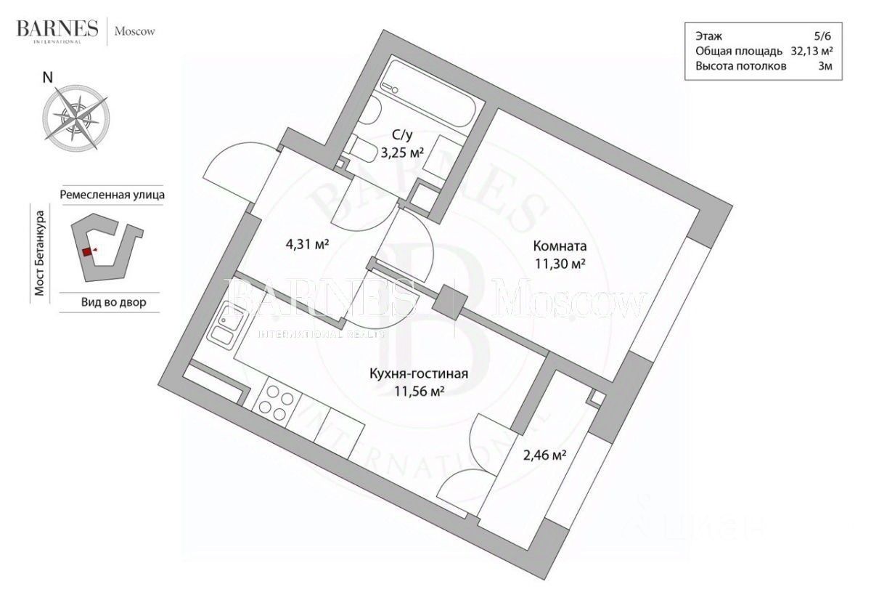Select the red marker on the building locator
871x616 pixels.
86,251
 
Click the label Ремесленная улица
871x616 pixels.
112,195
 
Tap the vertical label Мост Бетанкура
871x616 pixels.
41,254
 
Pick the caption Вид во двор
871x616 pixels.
108,302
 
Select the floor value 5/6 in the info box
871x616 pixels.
822,36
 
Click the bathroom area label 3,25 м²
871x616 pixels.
401,153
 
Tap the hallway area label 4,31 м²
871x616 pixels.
308,244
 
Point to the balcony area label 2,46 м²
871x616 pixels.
544,455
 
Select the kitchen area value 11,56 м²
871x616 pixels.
420,392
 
